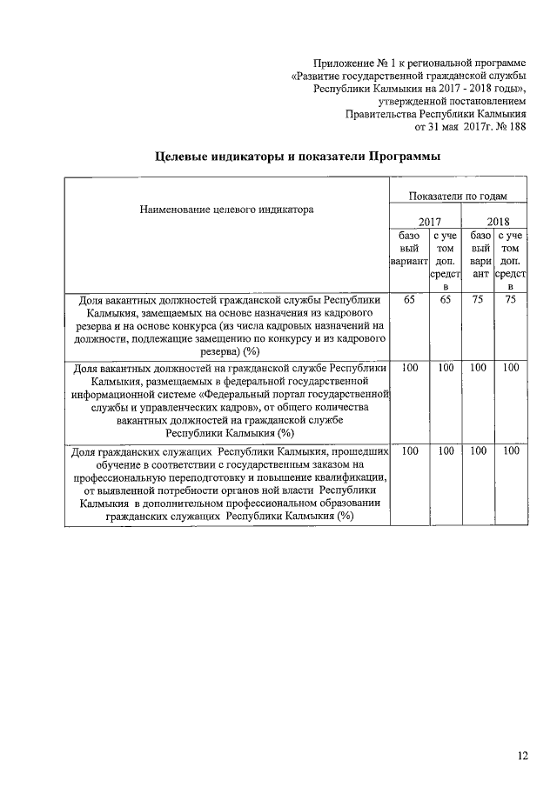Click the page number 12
[x=522, y=756]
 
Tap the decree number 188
[x=518, y=126]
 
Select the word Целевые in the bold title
[x=184, y=157]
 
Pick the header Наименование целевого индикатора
[x=226, y=209]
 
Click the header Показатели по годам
[x=458, y=197]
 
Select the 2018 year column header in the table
[x=498, y=222]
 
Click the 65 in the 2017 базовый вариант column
[x=410, y=299]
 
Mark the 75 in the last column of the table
[x=511, y=299]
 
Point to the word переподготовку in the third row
[x=199, y=477]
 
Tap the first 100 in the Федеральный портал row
[x=410, y=368]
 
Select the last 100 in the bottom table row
[x=511, y=451]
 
